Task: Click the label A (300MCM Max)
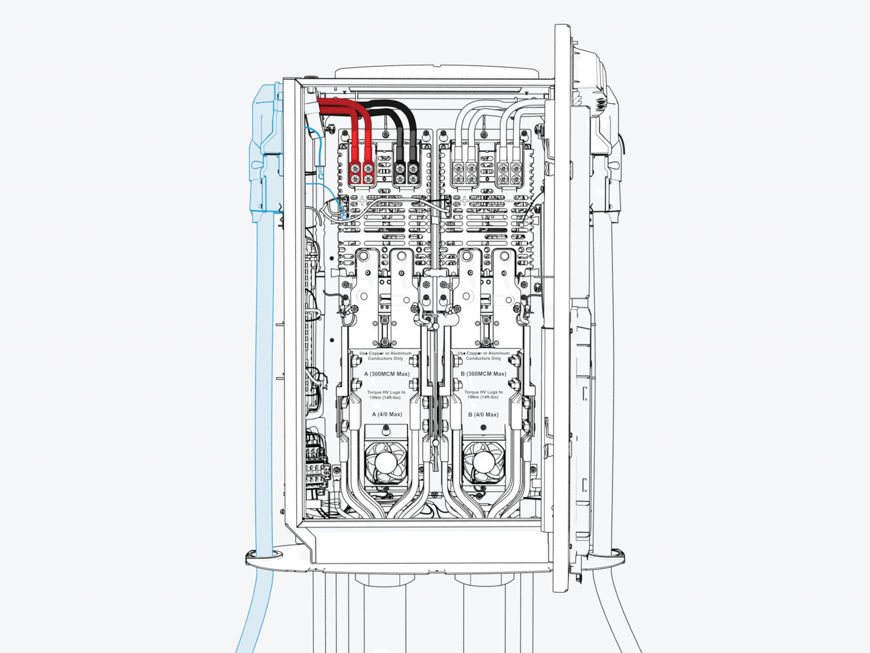[387, 374]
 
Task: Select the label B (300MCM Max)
[483, 374]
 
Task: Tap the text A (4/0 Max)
[387, 415]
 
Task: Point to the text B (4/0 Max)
[483, 415]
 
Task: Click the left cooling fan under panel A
[386, 462]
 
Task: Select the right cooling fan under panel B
[483, 462]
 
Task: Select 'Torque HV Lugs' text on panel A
[386, 392]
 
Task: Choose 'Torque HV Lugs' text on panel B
[483, 392]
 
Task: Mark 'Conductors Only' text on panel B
[483, 359]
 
